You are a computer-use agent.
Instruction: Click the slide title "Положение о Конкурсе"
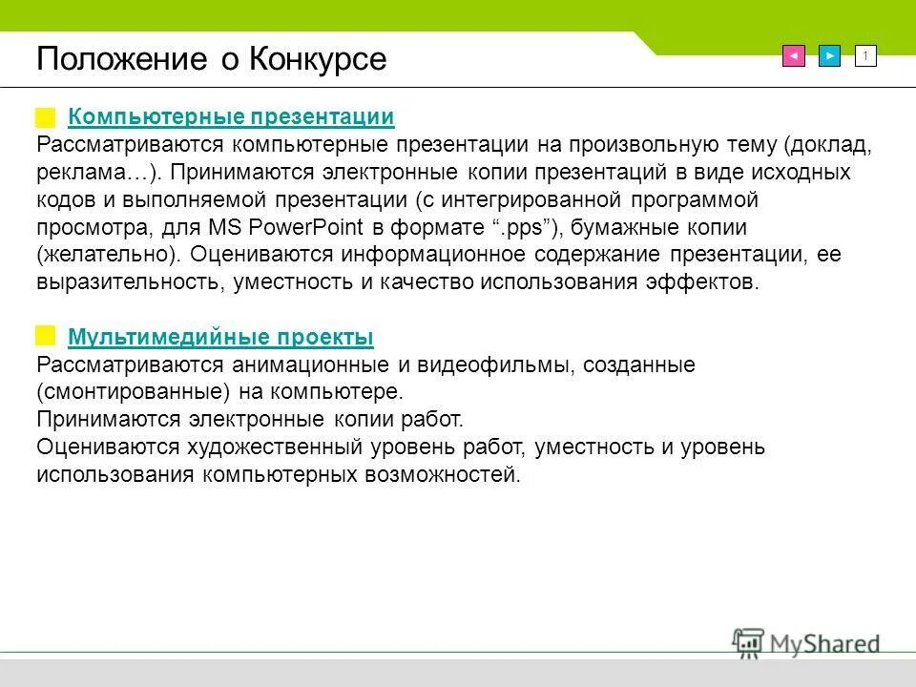[x=212, y=59]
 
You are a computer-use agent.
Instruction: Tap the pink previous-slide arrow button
[x=793, y=56]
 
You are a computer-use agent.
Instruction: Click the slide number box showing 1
[x=865, y=56]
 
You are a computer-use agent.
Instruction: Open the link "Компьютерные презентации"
[x=231, y=117]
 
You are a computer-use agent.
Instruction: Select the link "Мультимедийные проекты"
[x=220, y=337]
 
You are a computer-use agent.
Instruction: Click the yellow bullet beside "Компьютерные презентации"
[x=46, y=117]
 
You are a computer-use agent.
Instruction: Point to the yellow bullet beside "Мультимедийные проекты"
[x=46, y=336]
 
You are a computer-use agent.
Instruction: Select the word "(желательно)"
[x=108, y=256]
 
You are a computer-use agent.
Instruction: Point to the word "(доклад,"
[x=827, y=145]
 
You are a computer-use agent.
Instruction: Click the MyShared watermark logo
[x=806, y=642]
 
